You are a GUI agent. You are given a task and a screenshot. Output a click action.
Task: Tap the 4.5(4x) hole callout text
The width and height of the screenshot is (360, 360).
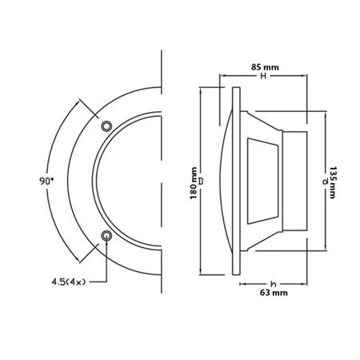[69, 281]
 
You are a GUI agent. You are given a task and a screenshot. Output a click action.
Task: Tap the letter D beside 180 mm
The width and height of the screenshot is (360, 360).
[201, 181]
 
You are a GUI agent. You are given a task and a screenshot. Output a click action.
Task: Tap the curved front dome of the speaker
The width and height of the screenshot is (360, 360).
[226, 181]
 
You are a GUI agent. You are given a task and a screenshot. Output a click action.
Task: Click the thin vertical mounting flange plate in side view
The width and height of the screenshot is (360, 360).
[235, 181]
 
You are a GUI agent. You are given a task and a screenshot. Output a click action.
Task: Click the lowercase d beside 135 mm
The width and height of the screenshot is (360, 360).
[324, 182]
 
